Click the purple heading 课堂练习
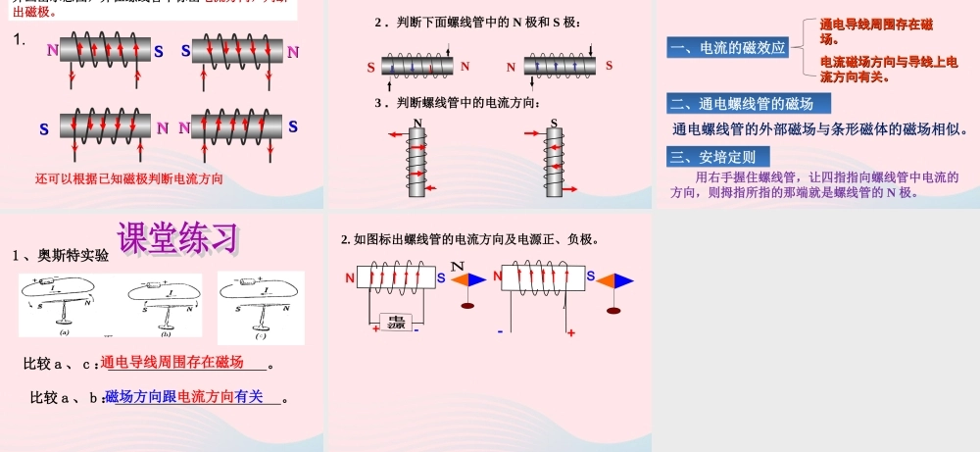(x=177, y=237)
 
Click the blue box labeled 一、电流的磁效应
(x=727, y=47)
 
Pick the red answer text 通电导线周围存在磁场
(x=172, y=363)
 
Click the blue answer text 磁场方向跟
(x=140, y=396)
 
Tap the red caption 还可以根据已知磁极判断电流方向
(x=129, y=178)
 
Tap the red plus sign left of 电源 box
(x=375, y=329)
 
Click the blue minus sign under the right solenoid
(x=500, y=331)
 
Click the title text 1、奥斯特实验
(x=61, y=256)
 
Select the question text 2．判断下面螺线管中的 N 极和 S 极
(x=484, y=22)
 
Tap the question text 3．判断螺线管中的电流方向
(x=457, y=102)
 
